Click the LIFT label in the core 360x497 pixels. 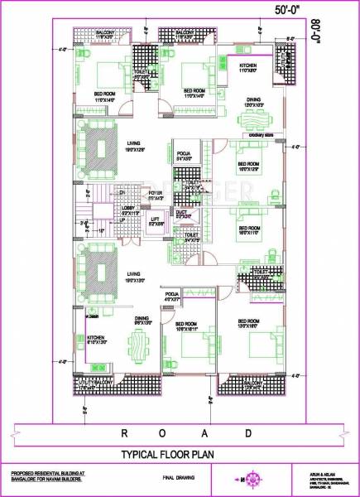tap(153, 219)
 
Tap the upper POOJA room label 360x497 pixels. tap(185, 156)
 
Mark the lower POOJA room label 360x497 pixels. tap(172, 296)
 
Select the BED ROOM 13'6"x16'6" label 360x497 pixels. tap(247, 322)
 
